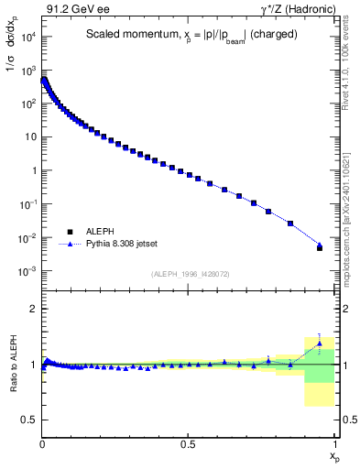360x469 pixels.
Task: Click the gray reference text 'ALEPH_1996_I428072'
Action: pos(189,274)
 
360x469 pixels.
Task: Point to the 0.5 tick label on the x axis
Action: pos(188,443)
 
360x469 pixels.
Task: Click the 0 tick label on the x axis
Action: pos(42,443)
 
